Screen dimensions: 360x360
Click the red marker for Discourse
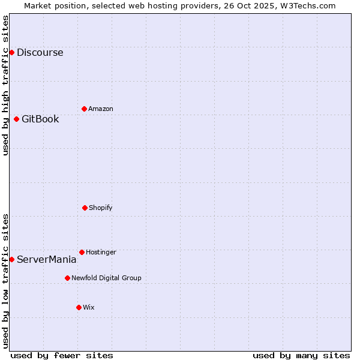[x=11, y=52]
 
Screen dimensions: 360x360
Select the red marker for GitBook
[x=16, y=119]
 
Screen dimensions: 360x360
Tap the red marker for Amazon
[x=84, y=109]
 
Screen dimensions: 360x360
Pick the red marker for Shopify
[x=85, y=208]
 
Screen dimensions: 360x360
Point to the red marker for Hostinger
[x=82, y=252]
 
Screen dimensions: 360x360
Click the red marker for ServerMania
[x=11, y=259]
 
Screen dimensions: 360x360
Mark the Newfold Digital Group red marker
[x=67, y=278]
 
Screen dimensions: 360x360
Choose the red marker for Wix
[x=79, y=307]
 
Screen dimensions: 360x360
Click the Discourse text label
[x=40, y=52]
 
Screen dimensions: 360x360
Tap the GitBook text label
[x=40, y=119]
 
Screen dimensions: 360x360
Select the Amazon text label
[x=101, y=109]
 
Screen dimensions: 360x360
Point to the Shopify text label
[x=101, y=208]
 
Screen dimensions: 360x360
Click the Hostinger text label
[x=101, y=252]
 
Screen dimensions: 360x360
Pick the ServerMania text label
[x=46, y=260]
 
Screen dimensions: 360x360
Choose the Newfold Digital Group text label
[x=106, y=278]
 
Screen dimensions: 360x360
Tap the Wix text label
[x=89, y=307]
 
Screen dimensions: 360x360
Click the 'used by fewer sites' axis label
[x=62, y=355]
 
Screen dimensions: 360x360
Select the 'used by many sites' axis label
[x=301, y=355]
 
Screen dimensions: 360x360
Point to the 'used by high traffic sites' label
[x=6, y=85]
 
